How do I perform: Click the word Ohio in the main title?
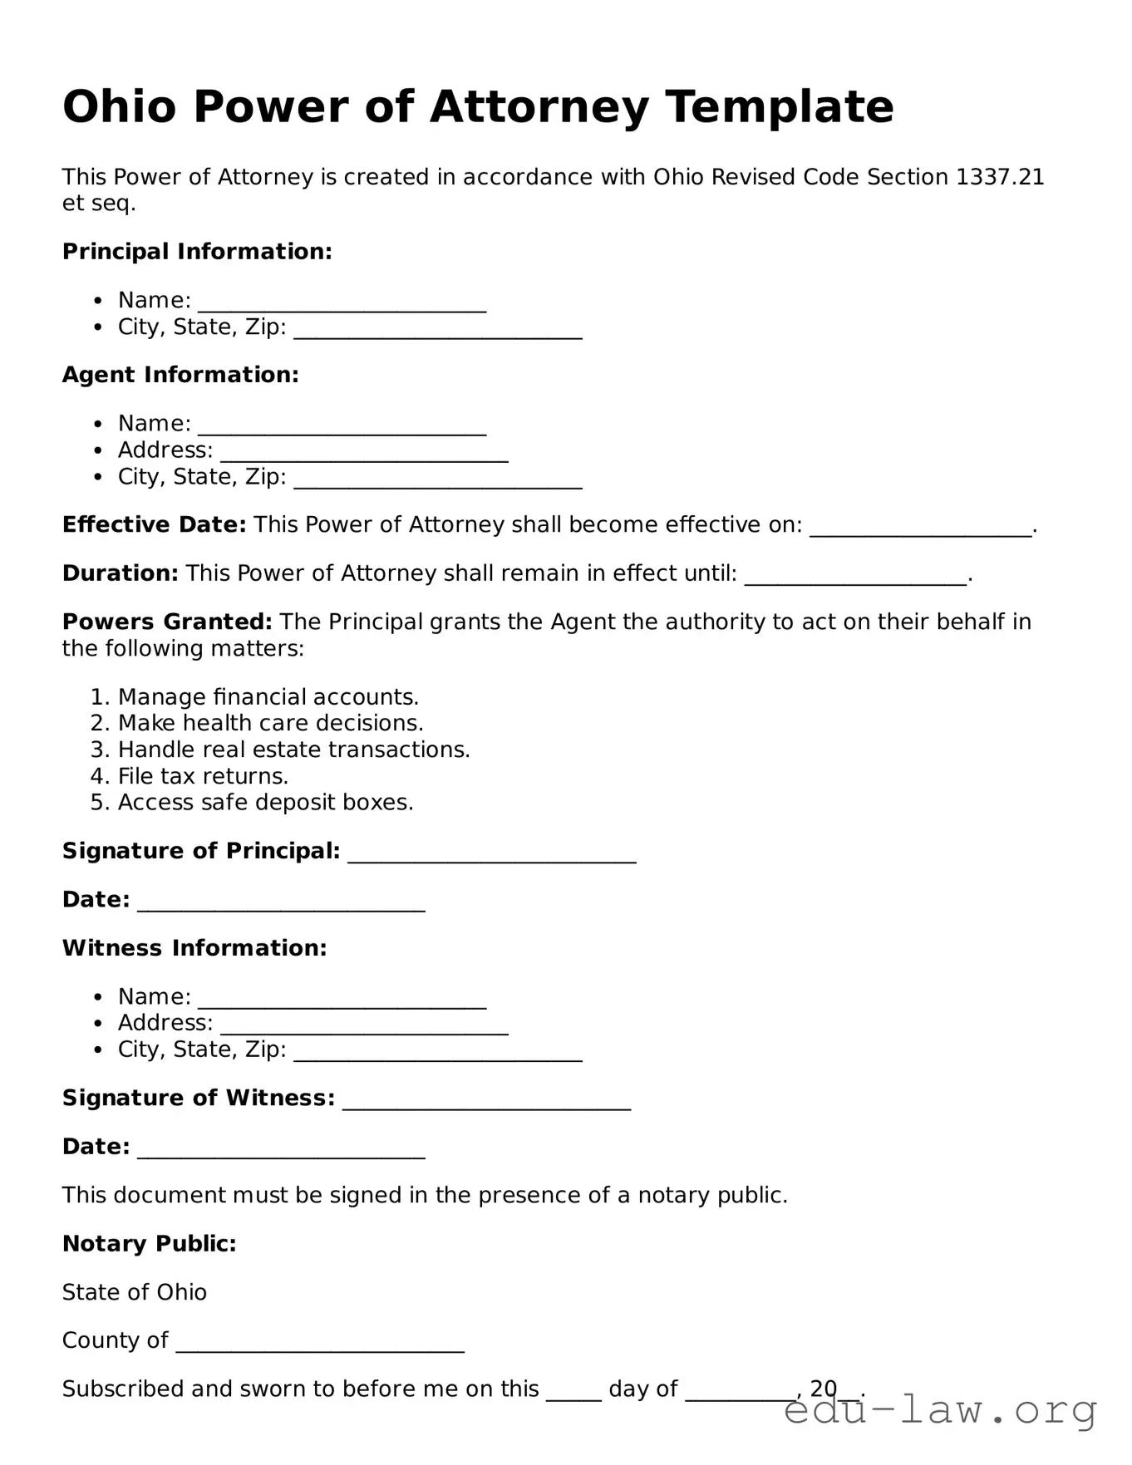[120, 107]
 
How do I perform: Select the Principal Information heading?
[197, 252]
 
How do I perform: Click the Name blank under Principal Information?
[342, 305]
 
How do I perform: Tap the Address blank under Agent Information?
[364, 455]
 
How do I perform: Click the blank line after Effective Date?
[920, 529]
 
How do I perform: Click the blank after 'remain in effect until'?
[855, 578]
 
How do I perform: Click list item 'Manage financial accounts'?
[268, 697]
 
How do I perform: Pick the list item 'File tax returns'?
[203, 776]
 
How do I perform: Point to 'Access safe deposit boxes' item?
[265, 803]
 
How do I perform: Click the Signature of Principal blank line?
[492, 856]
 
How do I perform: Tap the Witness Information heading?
[194, 948]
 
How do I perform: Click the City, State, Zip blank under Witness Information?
[438, 1055]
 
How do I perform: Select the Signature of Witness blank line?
[486, 1103]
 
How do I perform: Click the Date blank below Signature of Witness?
[281, 1152]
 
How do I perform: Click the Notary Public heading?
[150, 1244]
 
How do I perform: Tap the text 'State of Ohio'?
[135, 1292]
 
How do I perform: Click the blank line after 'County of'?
[320, 1345]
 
